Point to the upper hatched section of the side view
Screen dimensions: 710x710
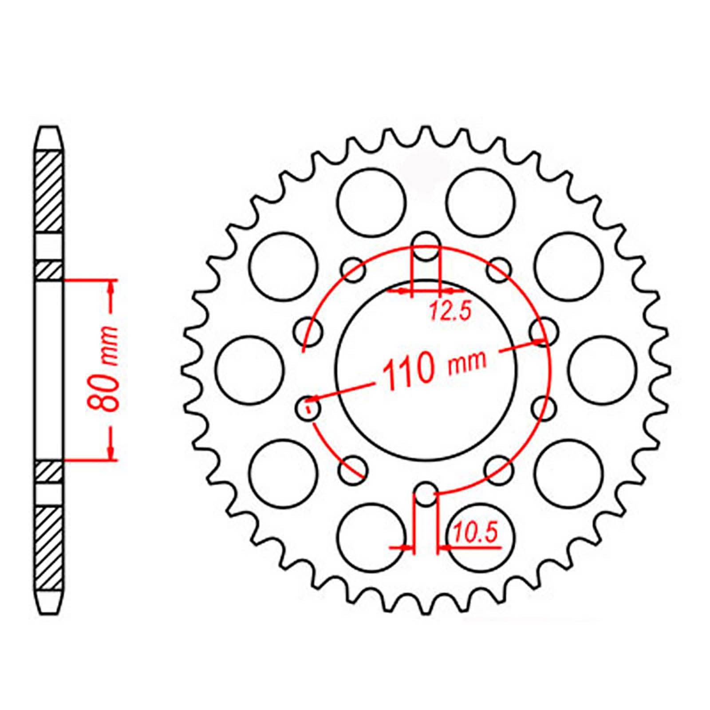click(48, 192)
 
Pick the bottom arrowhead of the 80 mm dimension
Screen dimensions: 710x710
click(111, 453)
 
